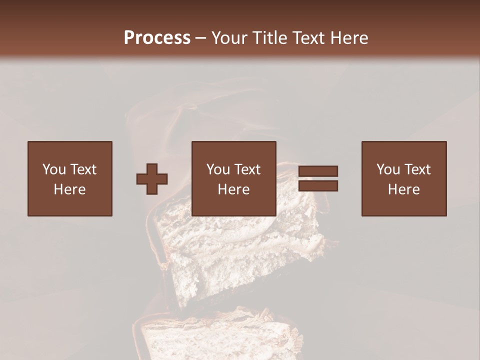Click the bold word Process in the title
click(157, 38)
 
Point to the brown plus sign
click(152, 179)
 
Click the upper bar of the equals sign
click(318, 171)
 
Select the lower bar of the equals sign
click(318, 186)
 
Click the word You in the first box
click(54, 169)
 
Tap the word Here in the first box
click(70, 189)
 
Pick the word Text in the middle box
click(247, 169)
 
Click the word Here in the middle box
click(234, 189)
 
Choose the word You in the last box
click(388, 169)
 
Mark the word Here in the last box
click(404, 189)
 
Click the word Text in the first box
click(83, 169)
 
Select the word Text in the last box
click(417, 169)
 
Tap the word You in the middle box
click(218, 169)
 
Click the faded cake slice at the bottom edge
click(220, 335)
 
